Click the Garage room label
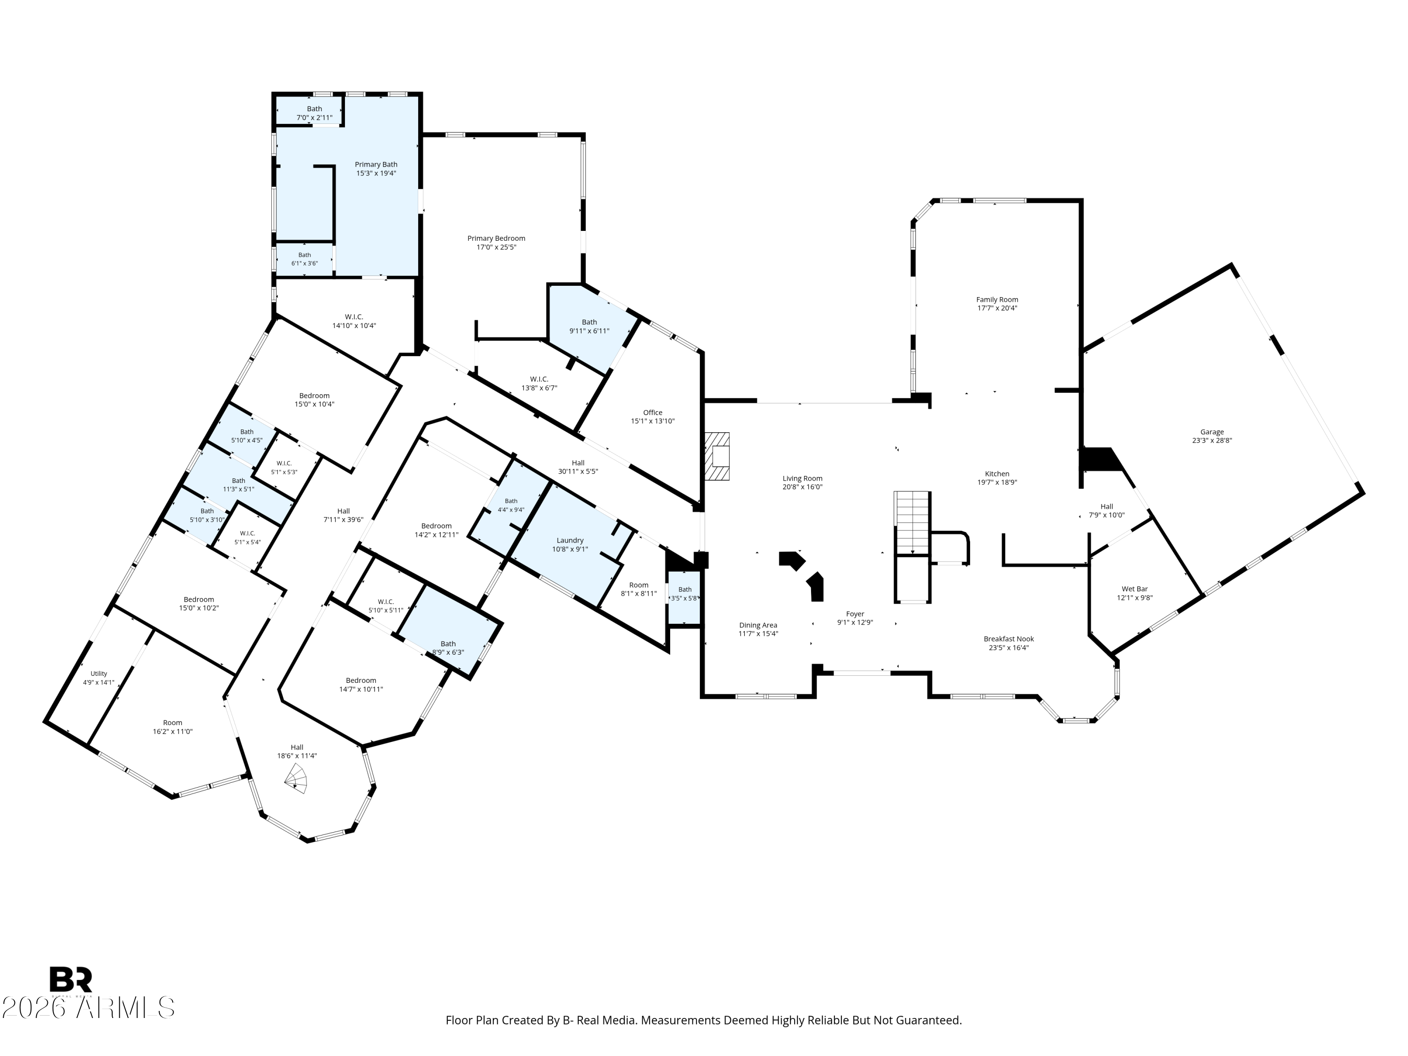click(1212, 432)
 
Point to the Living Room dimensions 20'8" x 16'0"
click(803, 487)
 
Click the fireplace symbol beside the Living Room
click(717, 456)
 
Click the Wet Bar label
click(1135, 589)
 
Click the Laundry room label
click(570, 540)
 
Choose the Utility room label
click(99, 673)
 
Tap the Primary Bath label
click(376, 165)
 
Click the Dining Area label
click(758, 625)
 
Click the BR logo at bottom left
click(71, 979)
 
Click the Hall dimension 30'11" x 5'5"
click(578, 472)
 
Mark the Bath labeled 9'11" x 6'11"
click(589, 322)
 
